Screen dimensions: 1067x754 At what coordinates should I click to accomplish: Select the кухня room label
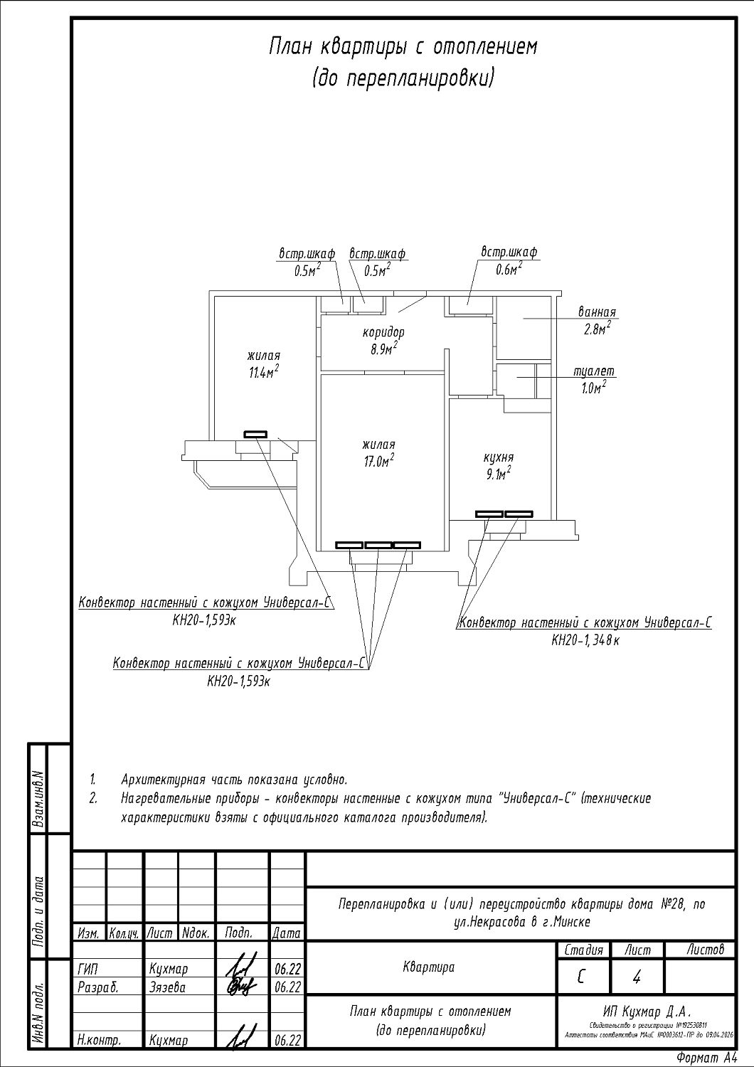(x=499, y=458)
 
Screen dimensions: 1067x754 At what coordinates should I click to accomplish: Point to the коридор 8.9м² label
(x=383, y=341)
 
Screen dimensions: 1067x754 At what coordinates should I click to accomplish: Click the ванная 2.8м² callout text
(x=597, y=321)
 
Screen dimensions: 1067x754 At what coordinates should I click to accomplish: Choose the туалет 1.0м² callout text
(x=594, y=380)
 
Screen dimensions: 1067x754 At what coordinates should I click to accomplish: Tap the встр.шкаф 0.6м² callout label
(x=509, y=260)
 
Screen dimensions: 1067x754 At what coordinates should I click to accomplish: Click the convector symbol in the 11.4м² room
(x=255, y=433)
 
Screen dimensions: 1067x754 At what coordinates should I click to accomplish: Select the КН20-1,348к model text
(x=585, y=641)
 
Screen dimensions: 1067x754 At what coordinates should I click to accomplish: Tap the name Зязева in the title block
(x=167, y=988)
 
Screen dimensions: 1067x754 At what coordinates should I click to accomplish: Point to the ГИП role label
(x=87, y=970)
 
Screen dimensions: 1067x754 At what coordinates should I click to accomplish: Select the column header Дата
(x=287, y=933)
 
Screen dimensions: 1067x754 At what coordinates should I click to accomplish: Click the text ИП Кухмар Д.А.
(x=647, y=1012)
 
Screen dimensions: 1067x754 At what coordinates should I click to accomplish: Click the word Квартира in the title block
(x=428, y=967)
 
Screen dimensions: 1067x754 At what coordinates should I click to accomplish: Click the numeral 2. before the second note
(x=92, y=799)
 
